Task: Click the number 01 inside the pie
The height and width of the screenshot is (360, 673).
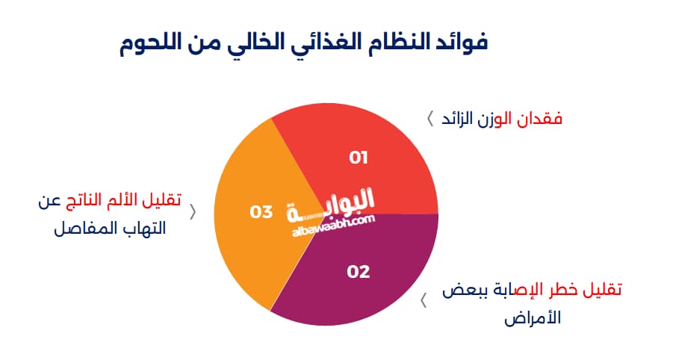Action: click(x=359, y=157)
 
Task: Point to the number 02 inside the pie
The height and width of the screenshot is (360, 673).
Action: click(x=359, y=271)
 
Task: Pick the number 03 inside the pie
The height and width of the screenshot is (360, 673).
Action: click(x=261, y=212)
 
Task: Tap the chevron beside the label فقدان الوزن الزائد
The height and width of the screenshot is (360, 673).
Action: click(x=429, y=119)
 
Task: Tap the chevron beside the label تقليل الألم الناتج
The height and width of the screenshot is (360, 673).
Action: click(x=193, y=211)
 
